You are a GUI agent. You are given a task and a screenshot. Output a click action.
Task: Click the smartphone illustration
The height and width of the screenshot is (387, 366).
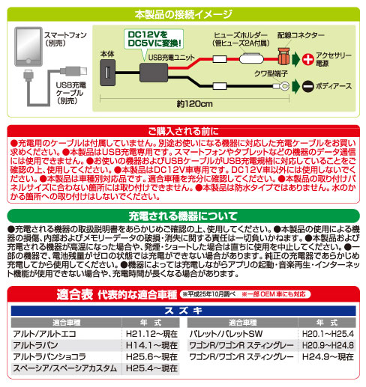pyautogui.click(x=28, y=46)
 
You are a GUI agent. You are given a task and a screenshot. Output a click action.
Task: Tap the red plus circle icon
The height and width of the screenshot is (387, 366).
pyautogui.click(x=307, y=59)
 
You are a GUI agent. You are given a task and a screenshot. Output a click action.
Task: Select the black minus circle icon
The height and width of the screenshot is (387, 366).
pyautogui.click(x=307, y=86)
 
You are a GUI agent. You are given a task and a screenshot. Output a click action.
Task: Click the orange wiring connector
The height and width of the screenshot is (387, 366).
pyautogui.click(x=283, y=56)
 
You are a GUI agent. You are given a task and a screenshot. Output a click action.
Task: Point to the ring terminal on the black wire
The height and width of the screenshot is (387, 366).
pyautogui.click(x=282, y=86)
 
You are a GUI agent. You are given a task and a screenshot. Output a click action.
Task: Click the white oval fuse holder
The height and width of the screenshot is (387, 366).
pyautogui.click(x=251, y=59)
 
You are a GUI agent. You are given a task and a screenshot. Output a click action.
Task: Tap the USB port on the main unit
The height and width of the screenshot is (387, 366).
pyautogui.click(x=108, y=73)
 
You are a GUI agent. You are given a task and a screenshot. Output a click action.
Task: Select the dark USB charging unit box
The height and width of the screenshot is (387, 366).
pyautogui.click(x=154, y=73)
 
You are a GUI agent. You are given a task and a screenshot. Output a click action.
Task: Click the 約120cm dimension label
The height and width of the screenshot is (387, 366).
pyautogui.click(x=195, y=104)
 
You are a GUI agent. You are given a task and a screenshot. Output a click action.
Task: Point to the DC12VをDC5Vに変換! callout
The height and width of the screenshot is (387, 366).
pyautogui.click(x=154, y=39)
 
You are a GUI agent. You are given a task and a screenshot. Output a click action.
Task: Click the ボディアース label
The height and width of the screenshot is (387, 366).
pyautogui.click(x=334, y=86)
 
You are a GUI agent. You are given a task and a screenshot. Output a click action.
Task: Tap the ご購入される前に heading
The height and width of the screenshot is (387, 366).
pyautogui.click(x=183, y=131)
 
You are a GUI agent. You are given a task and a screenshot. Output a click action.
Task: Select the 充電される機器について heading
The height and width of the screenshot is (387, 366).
pyautogui.click(x=183, y=216)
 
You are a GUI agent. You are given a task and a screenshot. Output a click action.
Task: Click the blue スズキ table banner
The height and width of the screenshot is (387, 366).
pyautogui.click(x=183, y=311)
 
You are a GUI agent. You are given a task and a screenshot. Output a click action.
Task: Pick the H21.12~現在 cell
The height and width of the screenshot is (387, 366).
pyautogui.click(x=151, y=334)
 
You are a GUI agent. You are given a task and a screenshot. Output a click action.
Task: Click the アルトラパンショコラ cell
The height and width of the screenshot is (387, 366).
pyautogui.click(x=49, y=357)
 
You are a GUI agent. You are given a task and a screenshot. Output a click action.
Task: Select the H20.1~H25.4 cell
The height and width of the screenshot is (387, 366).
pyautogui.click(x=328, y=334)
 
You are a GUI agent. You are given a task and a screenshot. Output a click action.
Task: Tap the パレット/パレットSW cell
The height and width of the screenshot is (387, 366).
pyautogui.click(x=226, y=334)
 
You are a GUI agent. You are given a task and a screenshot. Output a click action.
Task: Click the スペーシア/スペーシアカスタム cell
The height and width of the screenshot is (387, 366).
pyautogui.click(x=65, y=368)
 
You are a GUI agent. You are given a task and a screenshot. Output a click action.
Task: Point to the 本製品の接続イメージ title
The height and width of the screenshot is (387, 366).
pyautogui.click(x=183, y=14)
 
